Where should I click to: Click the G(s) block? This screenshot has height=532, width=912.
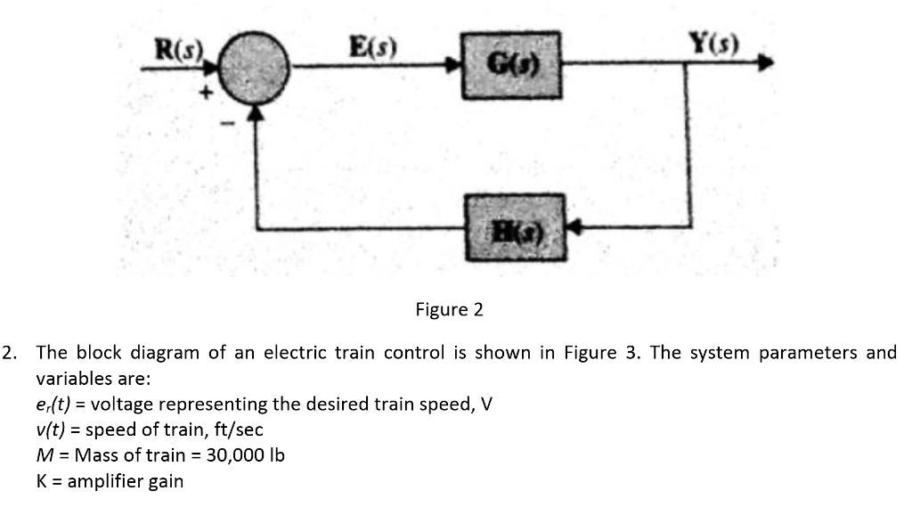511,65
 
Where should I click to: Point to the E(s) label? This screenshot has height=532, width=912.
372,45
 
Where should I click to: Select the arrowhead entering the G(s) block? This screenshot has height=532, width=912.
453,65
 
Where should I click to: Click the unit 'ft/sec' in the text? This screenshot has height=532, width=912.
238,430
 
